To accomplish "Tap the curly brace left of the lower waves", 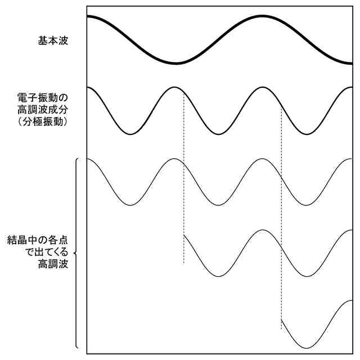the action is [76, 253].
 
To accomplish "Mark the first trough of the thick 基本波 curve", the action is [175, 62].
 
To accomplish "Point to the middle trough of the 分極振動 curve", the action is [218, 134].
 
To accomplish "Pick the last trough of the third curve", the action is [307, 205].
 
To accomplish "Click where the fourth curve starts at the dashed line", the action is [184, 236].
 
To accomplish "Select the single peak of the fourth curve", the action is [262, 230].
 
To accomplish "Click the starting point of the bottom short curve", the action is [281, 319].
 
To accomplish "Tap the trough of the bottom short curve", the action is [307, 347].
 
